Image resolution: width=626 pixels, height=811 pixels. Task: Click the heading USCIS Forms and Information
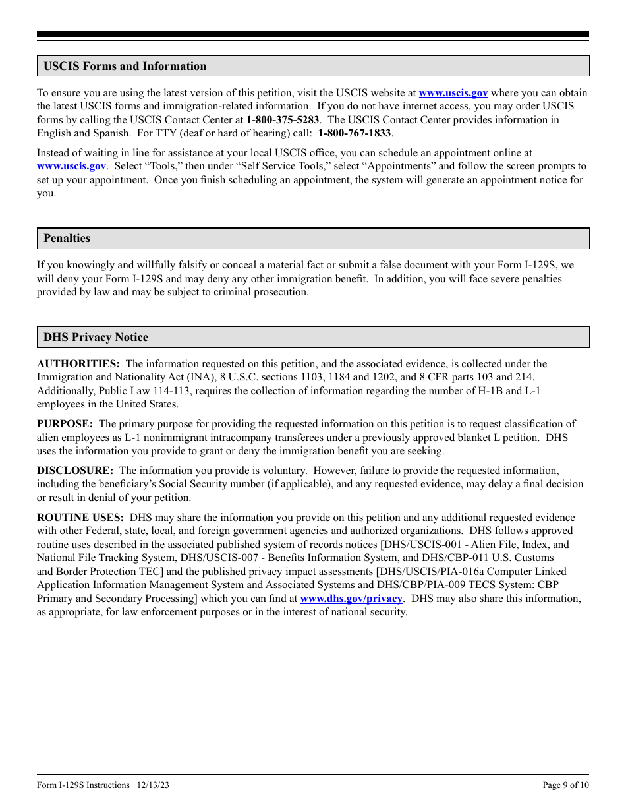point(125,66)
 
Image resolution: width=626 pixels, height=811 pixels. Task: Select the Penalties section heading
point(67,238)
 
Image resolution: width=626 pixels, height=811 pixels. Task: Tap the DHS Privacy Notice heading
point(96,337)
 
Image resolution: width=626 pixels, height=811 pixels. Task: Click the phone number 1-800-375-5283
point(282,120)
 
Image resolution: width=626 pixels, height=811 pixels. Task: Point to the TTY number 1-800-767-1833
point(355,133)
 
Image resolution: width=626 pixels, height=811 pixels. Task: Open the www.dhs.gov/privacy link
point(351,599)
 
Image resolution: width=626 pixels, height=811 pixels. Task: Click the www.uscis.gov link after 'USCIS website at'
point(453,93)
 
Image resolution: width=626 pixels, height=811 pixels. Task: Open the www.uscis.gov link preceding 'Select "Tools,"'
point(71,166)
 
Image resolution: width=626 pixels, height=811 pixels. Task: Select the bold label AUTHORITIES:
point(78,364)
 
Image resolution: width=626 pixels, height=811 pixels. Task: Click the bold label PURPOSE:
point(65,424)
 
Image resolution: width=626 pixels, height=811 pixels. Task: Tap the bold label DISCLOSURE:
point(74,471)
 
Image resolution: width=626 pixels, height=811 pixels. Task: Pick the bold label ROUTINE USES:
point(80,518)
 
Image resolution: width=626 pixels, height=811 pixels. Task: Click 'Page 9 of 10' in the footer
point(565,785)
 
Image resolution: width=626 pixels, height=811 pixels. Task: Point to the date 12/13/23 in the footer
point(153,785)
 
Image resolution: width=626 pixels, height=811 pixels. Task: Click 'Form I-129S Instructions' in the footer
point(83,785)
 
